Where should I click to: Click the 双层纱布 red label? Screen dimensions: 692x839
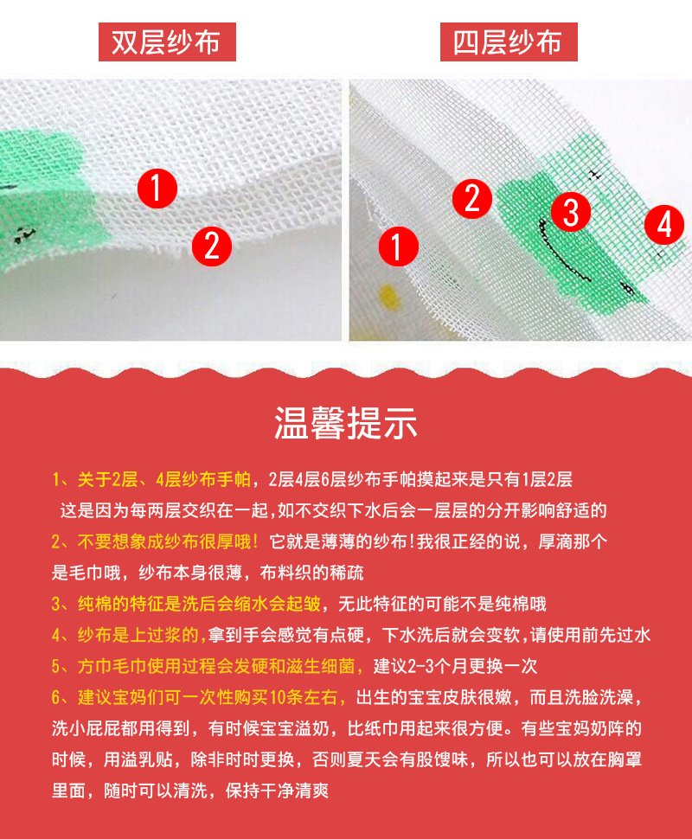pyautogui.click(x=167, y=42)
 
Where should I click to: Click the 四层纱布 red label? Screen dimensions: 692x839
pyautogui.click(x=509, y=42)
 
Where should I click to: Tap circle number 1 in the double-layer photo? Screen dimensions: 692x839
pyautogui.click(x=157, y=189)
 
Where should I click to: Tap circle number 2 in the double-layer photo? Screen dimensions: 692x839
pyautogui.click(x=212, y=247)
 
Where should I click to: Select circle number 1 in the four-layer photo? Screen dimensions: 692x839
pyautogui.click(x=399, y=247)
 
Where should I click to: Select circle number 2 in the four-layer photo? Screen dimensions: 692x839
pyautogui.click(x=472, y=199)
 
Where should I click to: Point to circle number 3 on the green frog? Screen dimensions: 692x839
pyautogui.click(x=571, y=211)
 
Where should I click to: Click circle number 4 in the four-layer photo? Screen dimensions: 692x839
pyautogui.click(x=664, y=225)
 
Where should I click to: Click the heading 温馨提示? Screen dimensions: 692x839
pyautogui.click(x=346, y=423)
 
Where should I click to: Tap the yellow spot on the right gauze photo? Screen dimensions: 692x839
pyautogui.click(x=389, y=298)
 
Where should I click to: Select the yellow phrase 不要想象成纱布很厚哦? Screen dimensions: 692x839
pyautogui.click(x=168, y=541)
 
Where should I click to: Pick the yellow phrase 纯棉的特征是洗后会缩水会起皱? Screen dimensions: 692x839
pyautogui.click(x=199, y=604)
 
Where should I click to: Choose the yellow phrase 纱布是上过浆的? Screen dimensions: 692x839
pyautogui.click(x=138, y=635)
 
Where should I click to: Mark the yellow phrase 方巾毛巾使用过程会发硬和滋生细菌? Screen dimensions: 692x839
pyautogui.click(x=216, y=666)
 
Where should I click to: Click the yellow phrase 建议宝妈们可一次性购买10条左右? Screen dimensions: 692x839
pyautogui.click(x=208, y=697)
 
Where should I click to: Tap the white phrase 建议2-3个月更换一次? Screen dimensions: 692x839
pyautogui.click(x=455, y=666)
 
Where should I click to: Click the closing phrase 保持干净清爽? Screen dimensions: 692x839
pyautogui.click(x=277, y=791)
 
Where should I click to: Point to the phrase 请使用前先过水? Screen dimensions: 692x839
pyautogui.click(x=590, y=635)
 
